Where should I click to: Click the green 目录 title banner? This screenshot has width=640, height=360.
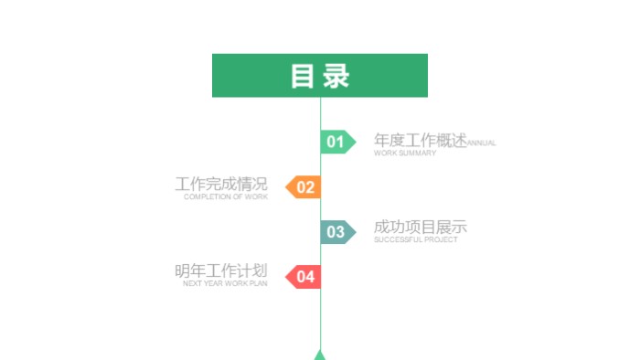tap(320, 75)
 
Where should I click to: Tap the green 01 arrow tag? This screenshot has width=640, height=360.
tap(336, 142)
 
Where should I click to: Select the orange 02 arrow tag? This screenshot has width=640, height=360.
tap(304, 187)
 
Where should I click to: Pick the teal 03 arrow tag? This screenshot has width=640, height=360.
tap(336, 232)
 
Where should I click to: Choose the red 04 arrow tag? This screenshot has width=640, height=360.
tap(304, 276)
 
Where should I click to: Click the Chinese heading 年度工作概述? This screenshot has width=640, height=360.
tap(420, 140)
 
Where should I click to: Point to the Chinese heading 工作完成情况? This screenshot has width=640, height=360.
tap(221, 185)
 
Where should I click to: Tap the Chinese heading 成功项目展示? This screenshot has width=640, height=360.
tap(420, 227)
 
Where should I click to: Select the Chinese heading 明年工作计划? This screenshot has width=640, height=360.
tap(221, 270)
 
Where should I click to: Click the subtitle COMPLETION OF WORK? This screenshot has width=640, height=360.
tap(226, 197)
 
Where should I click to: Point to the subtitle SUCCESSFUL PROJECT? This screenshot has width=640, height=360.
tap(416, 240)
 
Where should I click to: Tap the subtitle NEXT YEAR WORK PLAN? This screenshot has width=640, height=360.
tap(226, 284)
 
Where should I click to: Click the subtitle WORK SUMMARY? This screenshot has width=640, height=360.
tap(405, 154)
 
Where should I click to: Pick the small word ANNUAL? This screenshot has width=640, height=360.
tap(482, 143)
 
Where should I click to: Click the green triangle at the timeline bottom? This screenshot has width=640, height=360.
tap(320, 355)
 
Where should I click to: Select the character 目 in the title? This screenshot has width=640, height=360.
tap(303, 76)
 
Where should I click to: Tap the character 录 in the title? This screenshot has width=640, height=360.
tap(336, 76)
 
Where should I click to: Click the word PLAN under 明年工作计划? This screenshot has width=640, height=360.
tap(259, 284)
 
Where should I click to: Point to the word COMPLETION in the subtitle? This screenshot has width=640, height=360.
tap(206, 197)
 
